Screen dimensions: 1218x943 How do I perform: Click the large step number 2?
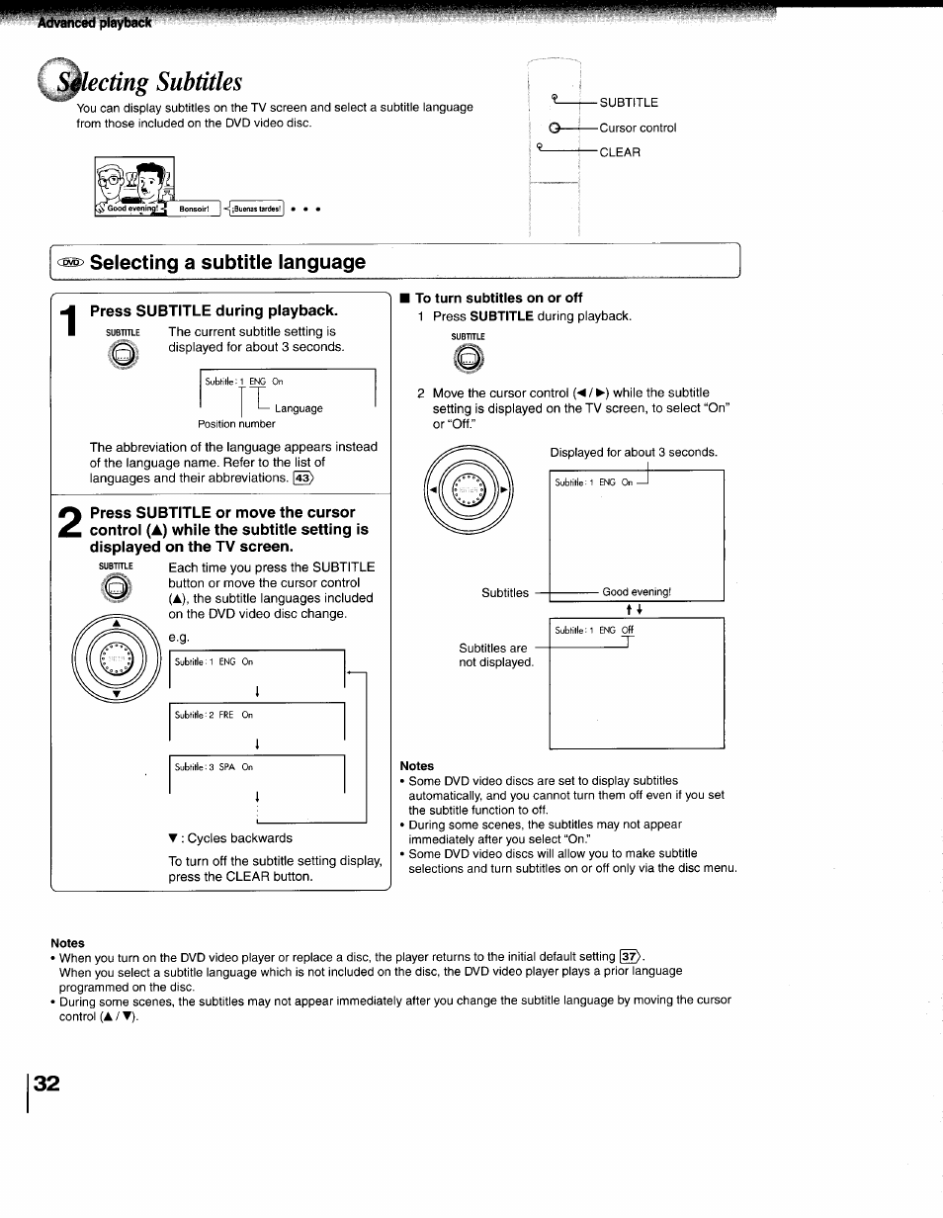(x=68, y=525)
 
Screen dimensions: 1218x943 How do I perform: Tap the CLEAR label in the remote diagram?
(x=620, y=152)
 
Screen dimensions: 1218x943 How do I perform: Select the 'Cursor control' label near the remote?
(x=638, y=128)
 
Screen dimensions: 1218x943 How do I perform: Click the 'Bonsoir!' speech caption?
(x=194, y=209)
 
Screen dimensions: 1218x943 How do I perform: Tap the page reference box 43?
(x=302, y=478)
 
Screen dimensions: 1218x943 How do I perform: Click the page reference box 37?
(x=631, y=956)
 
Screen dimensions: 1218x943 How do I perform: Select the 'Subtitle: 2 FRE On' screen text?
(x=214, y=715)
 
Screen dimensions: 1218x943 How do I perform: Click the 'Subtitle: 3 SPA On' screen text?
(x=214, y=766)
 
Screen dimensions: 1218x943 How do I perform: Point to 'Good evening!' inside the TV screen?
(x=637, y=592)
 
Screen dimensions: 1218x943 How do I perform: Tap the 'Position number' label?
(x=236, y=424)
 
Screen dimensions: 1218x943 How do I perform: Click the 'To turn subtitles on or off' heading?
(x=498, y=298)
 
